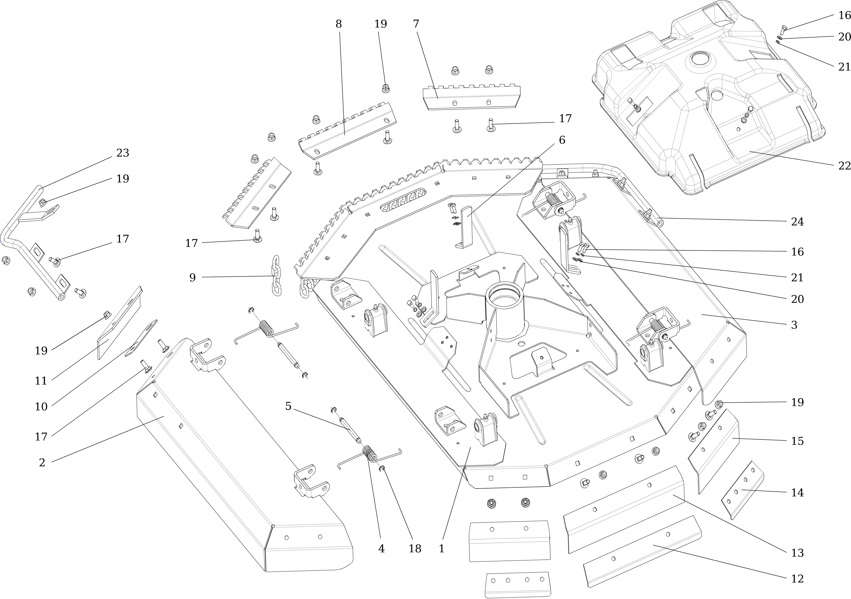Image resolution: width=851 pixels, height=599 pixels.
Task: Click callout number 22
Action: [x=844, y=166]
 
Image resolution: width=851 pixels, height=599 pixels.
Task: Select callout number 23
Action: [x=123, y=153]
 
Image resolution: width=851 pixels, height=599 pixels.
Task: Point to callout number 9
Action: [x=192, y=277]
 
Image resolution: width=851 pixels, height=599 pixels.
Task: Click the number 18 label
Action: [x=415, y=548]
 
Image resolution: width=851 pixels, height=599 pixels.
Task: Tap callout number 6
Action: [x=562, y=140]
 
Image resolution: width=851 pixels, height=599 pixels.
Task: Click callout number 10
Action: [x=41, y=407]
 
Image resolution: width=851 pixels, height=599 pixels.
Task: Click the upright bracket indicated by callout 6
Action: [x=465, y=228]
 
